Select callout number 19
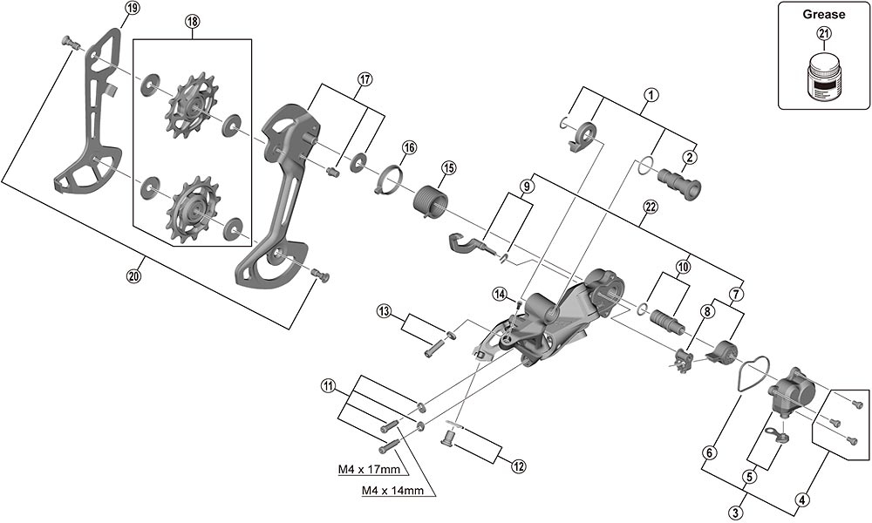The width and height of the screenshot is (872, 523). click(x=132, y=9)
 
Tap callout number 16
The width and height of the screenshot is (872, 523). click(x=409, y=147)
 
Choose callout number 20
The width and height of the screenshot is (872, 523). click(x=132, y=276)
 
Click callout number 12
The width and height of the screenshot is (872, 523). click(x=519, y=466)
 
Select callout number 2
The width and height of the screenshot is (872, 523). click(x=690, y=157)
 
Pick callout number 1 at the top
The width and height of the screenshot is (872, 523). click(x=649, y=93)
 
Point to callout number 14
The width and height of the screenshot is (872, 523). click(x=499, y=293)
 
